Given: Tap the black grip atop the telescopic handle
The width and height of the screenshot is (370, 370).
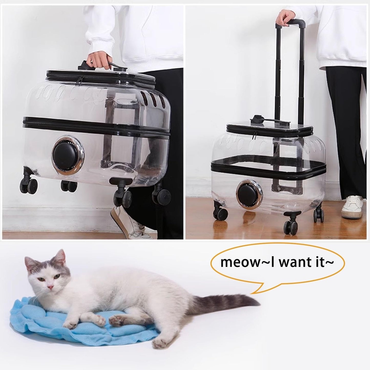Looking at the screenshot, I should [x=294, y=24].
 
